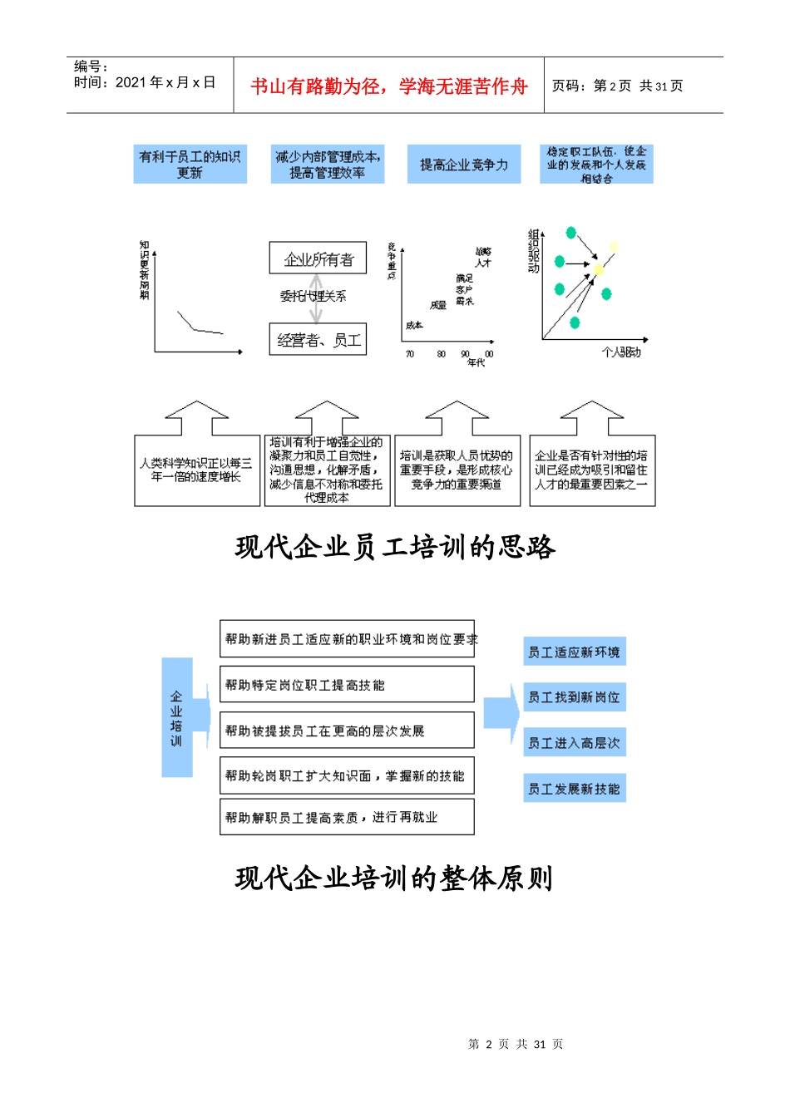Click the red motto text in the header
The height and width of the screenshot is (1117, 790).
coord(388,86)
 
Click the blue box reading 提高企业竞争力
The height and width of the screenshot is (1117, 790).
coord(463,165)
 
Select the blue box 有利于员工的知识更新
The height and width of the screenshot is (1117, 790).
coord(190,165)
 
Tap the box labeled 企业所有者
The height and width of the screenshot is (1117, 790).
coord(318,258)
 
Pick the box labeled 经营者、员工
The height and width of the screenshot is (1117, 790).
coord(318,340)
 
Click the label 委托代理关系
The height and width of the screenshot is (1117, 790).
coord(313,296)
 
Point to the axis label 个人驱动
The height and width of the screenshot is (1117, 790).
coord(621,352)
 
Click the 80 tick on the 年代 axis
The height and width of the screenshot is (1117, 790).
coord(441,354)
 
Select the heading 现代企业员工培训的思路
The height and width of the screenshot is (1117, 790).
coord(395,547)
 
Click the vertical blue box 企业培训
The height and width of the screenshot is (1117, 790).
coord(176,717)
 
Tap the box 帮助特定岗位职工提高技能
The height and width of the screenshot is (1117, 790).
coord(347,685)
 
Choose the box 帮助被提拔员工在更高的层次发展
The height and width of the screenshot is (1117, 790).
coord(347,731)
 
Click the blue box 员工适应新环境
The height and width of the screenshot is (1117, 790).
coord(574,652)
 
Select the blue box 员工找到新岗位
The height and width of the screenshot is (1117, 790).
coord(574,697)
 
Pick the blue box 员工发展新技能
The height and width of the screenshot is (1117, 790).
coord(574,789)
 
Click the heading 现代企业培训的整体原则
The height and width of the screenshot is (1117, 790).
coord(394,878)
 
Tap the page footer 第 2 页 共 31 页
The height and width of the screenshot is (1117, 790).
coord(516,1044)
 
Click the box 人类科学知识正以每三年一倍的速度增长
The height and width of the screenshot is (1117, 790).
coord(196,470)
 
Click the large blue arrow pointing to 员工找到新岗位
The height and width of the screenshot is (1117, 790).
coord(501,712)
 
